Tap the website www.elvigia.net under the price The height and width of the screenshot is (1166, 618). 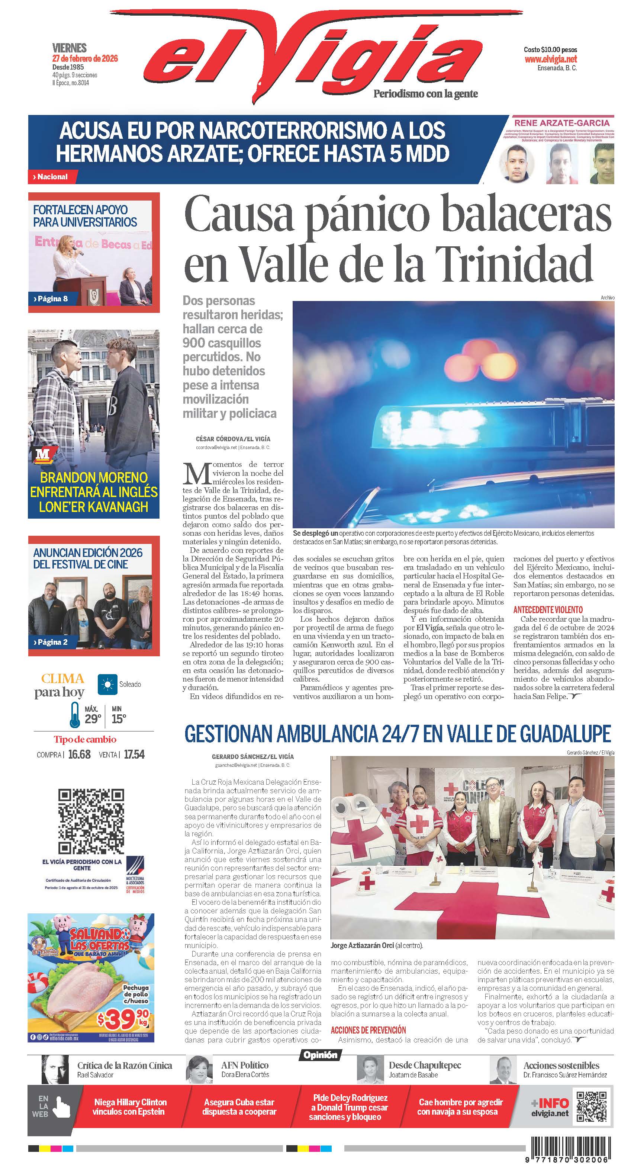(x=551, y=59)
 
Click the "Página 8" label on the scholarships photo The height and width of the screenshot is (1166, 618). (x=52, y=299)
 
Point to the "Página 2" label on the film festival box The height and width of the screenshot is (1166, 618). (x=52, y=642)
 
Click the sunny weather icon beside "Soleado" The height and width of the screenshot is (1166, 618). (x=107, y=685)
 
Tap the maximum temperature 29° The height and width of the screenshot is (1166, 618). (x=92, y=719)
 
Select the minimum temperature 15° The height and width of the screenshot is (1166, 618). (x=119, y=719)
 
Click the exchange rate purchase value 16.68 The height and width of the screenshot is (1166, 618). (x=79, y=754)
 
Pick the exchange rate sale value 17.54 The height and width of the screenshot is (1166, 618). (x=134, y=754)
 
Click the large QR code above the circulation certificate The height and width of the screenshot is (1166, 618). (x=91, y=821)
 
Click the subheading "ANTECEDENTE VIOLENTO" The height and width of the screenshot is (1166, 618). (x=548, y=610)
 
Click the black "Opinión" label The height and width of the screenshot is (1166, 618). (x=320, y=1055)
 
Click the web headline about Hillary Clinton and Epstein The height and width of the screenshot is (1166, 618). (x=129, y=1107)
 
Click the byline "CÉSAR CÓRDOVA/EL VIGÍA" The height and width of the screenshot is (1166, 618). (x=233, y=439)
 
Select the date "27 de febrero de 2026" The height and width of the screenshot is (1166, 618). (x=85, y=58)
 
